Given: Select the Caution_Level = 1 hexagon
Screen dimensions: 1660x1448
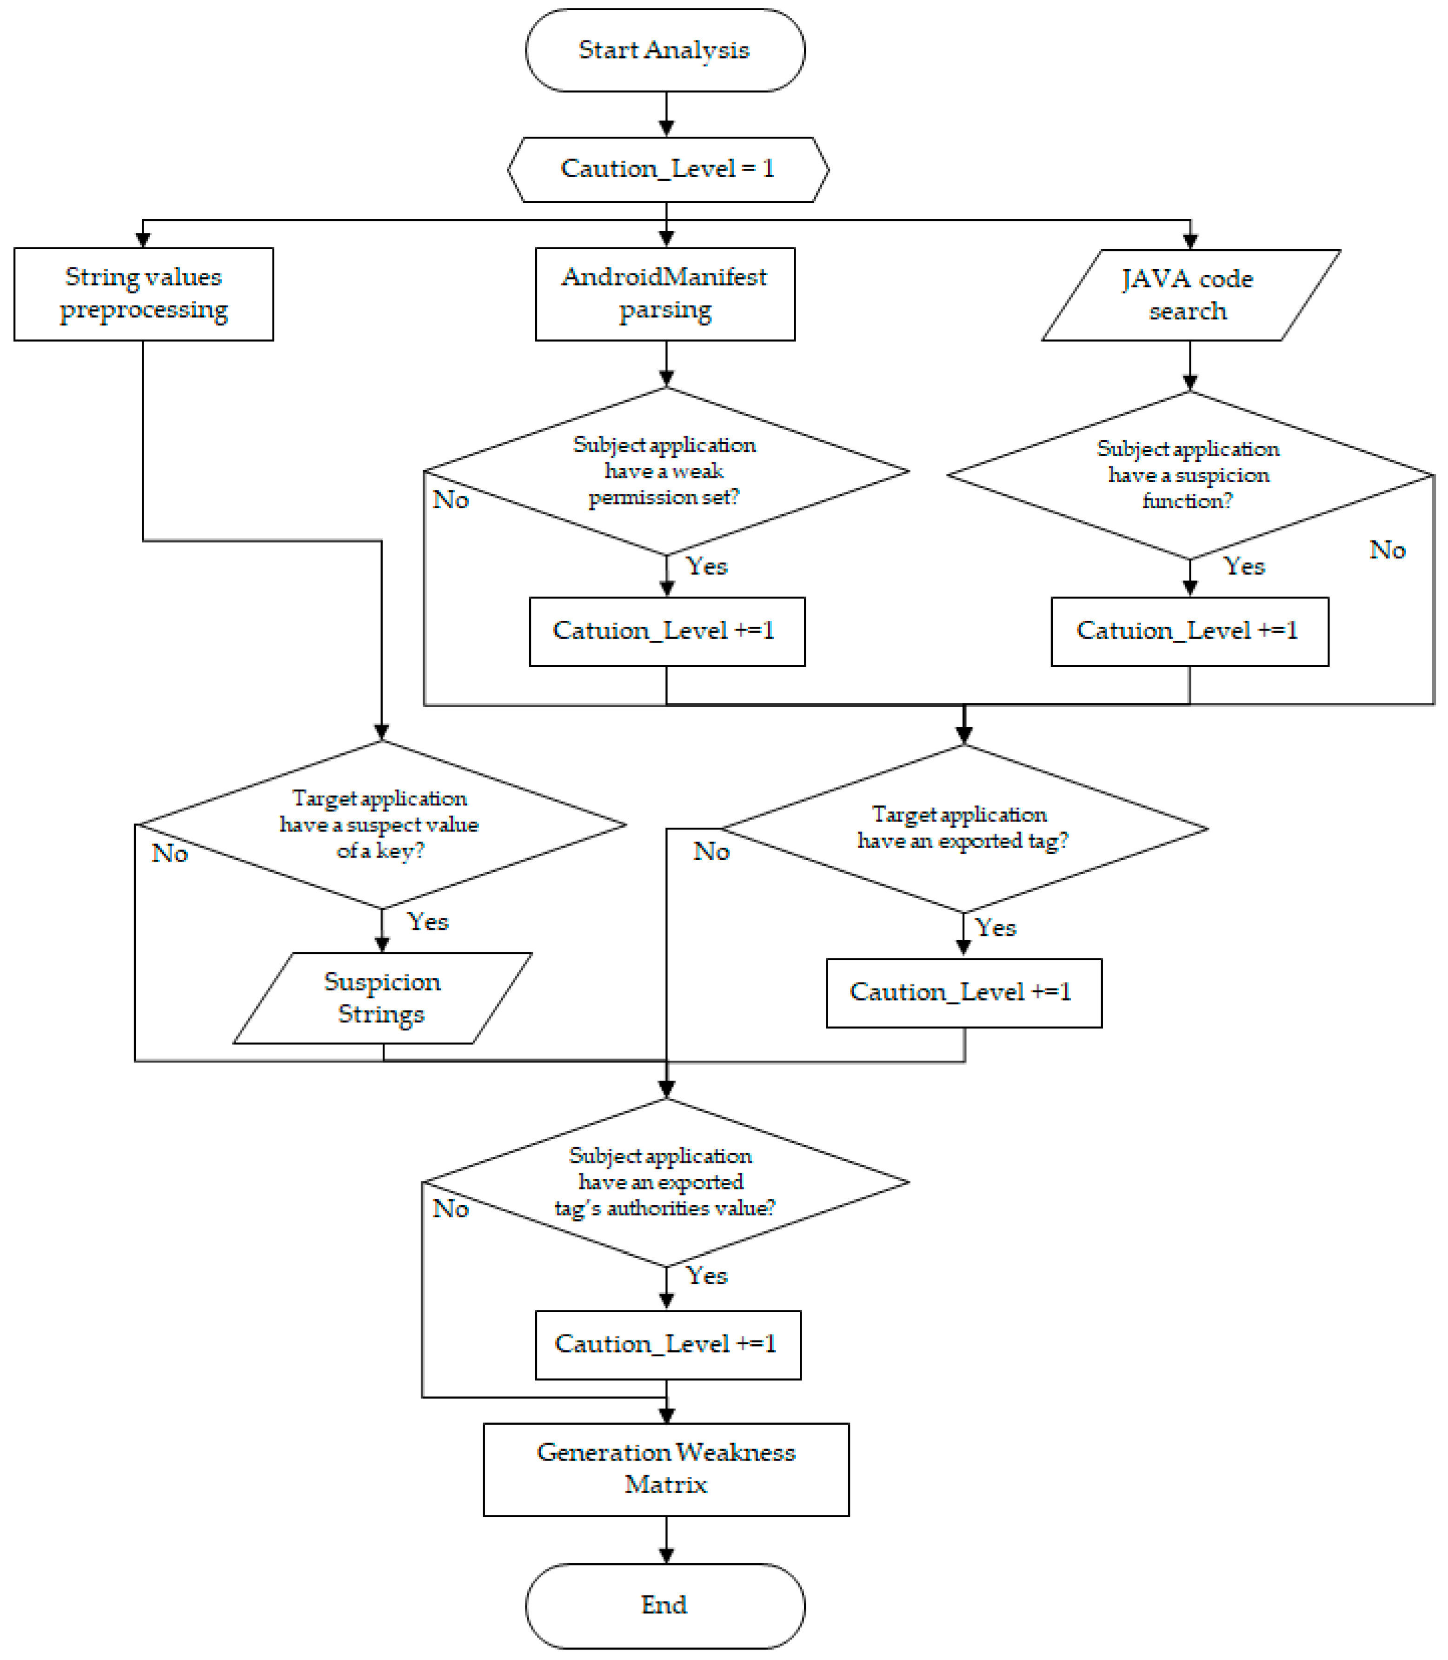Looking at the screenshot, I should tap(667, 169).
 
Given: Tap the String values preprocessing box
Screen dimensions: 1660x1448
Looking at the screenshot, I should tap(143, 294).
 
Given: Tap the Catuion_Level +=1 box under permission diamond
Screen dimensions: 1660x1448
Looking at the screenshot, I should tap(667, 631).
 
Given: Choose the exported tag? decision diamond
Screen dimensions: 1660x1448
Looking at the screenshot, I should tap(963, 829).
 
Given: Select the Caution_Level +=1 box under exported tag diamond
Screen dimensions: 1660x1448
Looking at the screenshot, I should tap(963, 992).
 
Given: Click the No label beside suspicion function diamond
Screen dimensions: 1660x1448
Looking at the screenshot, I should tap(1387, 551).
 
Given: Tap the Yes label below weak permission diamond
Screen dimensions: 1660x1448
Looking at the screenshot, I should tap(706, 566).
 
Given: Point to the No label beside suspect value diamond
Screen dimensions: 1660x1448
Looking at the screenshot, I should tap(170, 853).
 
